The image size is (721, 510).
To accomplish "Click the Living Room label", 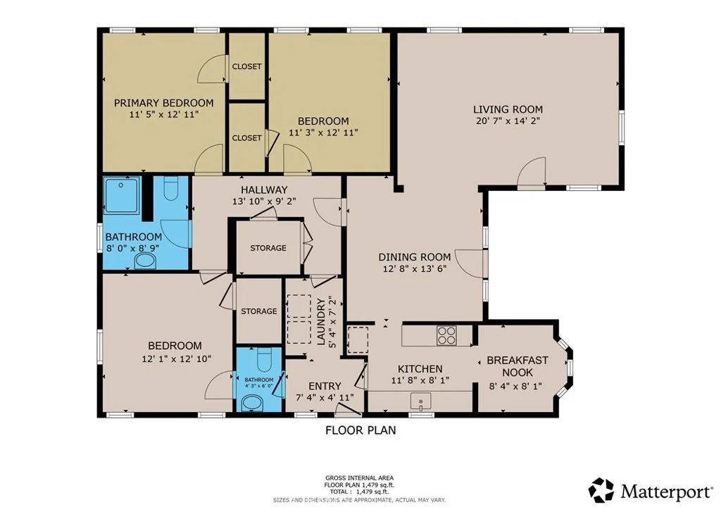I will click(507, 109).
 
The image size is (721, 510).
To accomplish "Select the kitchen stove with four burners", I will click(446, 335).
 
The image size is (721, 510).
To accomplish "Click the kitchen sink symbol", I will click(420, 402).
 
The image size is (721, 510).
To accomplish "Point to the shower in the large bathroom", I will click(123, 194).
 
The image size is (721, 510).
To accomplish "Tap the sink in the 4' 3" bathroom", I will click(251, 404).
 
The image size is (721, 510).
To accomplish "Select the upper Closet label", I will click(246, 67).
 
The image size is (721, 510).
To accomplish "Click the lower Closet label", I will click(246, 138).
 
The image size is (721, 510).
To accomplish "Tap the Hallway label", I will click(264, 189).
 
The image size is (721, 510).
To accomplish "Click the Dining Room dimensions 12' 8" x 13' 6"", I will click(414, 268).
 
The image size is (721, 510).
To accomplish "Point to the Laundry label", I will click(321, 322).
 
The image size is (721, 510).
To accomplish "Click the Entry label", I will click(325, 386).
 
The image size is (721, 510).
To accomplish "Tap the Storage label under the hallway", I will click(268, 248).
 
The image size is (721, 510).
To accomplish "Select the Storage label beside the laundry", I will click(258, 311).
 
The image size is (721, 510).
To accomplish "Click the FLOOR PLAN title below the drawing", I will click(360, 430).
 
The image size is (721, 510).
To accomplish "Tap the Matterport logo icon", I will click(601, 490).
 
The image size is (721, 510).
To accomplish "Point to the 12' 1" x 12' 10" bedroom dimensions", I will click(175, 359).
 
